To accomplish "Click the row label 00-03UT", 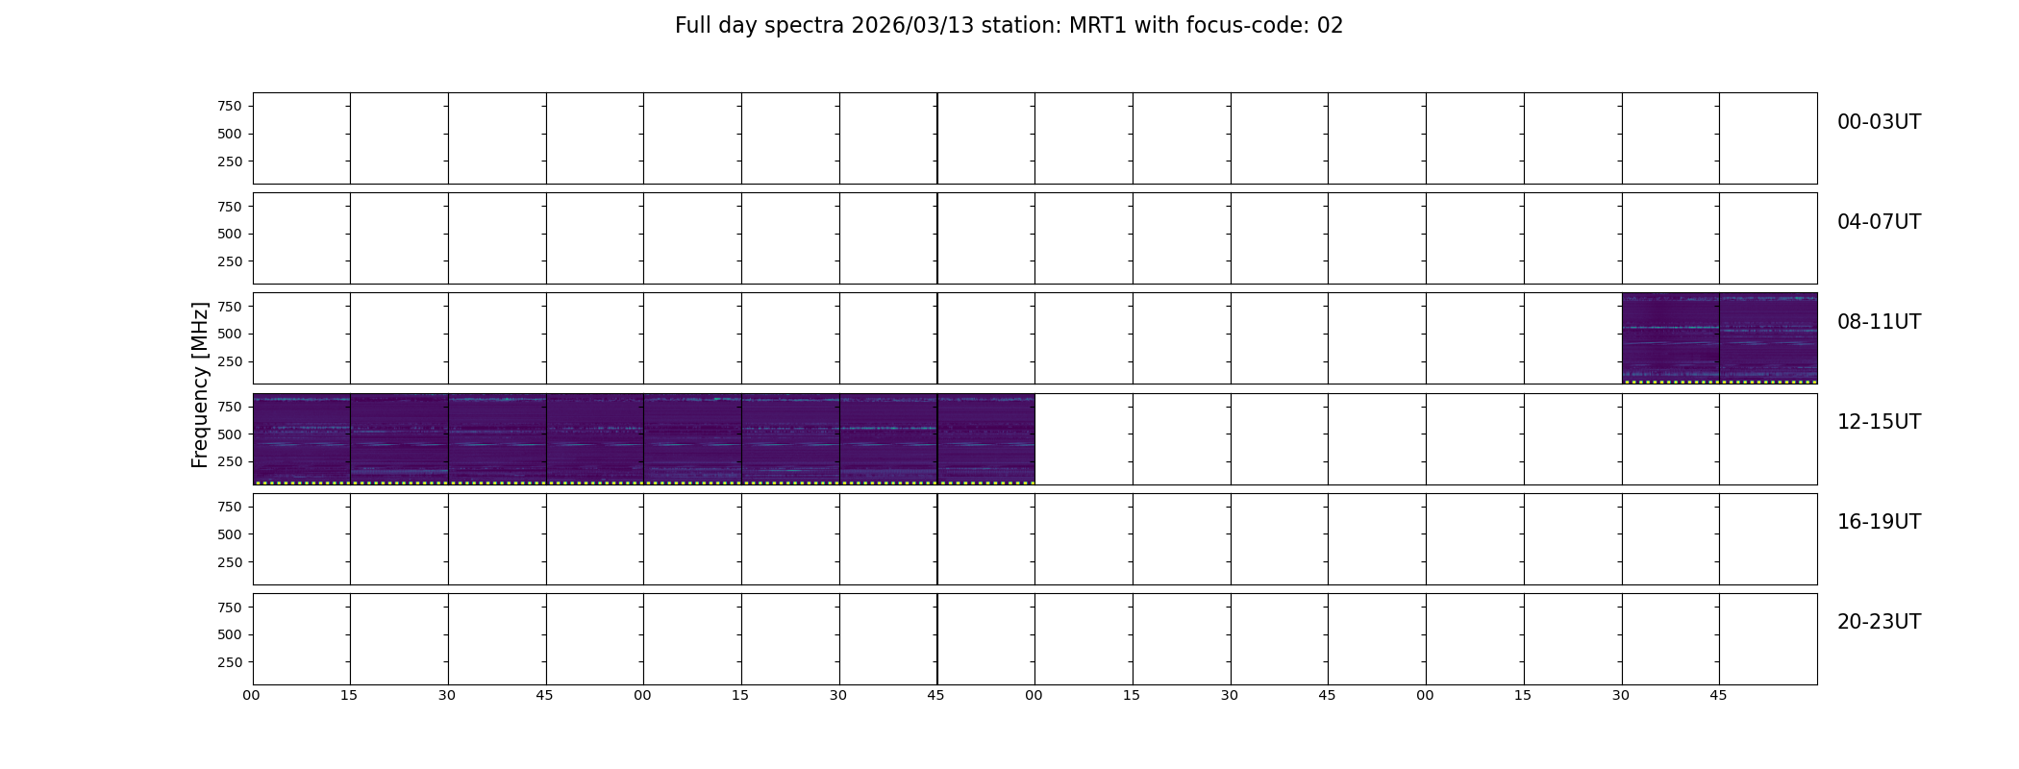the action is [1879, 122].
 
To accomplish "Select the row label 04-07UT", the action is [1879, 222].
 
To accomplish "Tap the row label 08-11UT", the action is [1879, 322].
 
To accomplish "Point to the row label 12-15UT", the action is [1879, 422].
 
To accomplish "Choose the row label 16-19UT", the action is [1879, 522].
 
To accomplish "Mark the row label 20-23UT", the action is [1879, 622].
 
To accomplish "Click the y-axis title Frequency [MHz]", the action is [200, 384].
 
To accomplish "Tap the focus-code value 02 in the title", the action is [1330, 26].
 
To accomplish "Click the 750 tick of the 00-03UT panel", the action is [230, 107].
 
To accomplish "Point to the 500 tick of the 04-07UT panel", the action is [230, 235].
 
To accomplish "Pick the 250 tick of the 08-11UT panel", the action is [230, 362].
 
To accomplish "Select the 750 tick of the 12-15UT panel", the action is [230, 408].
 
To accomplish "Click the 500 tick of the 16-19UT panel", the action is [230, 534].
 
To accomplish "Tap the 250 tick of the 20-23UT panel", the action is [230, 662].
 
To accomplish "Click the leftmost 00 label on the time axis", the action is [251, 695].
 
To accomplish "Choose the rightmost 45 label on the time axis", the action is [1718, 695].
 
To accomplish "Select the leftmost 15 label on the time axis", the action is [349, 695].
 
